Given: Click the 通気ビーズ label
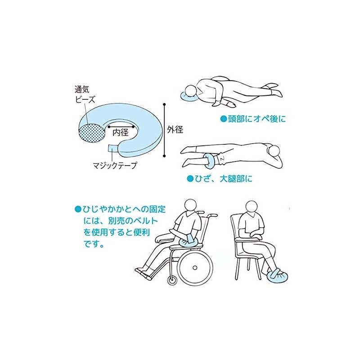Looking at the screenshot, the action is pyautogui.click(x=85, y=94).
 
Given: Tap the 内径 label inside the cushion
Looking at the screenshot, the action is pyautogui.click(x=121, y=132).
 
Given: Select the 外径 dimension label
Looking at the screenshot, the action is pyautogui.click(x=175, y=130).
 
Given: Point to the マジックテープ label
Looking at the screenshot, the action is pyautogui.click(x=115, y=165).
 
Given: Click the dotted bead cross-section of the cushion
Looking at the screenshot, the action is pyautogui.click(x=91, y=133).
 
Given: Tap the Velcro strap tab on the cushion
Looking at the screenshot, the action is pyautogui.click(x=112, y=148).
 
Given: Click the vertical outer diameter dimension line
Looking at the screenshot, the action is pyautogui.click(x=164, y=130).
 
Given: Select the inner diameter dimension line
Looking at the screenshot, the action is pyautogui.click(x=121, y=126).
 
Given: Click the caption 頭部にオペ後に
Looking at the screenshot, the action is pyautogui.click(x=253, y=119).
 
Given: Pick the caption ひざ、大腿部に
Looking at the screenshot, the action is pyautogui.click(x=220, y=179).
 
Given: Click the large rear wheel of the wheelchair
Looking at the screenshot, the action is pyautogui.click(x=195, y=267).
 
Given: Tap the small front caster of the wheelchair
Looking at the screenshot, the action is pyautogui.click(x=171, y=280).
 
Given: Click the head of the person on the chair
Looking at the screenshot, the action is pyautogui.click(x=252, y=207).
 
